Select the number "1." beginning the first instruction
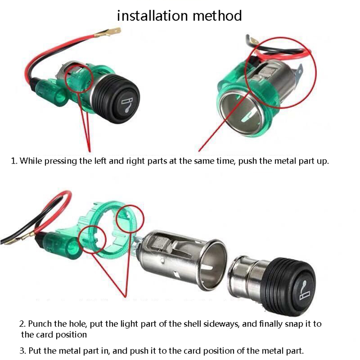pos(14,161)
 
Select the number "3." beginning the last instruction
pos(23,351)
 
